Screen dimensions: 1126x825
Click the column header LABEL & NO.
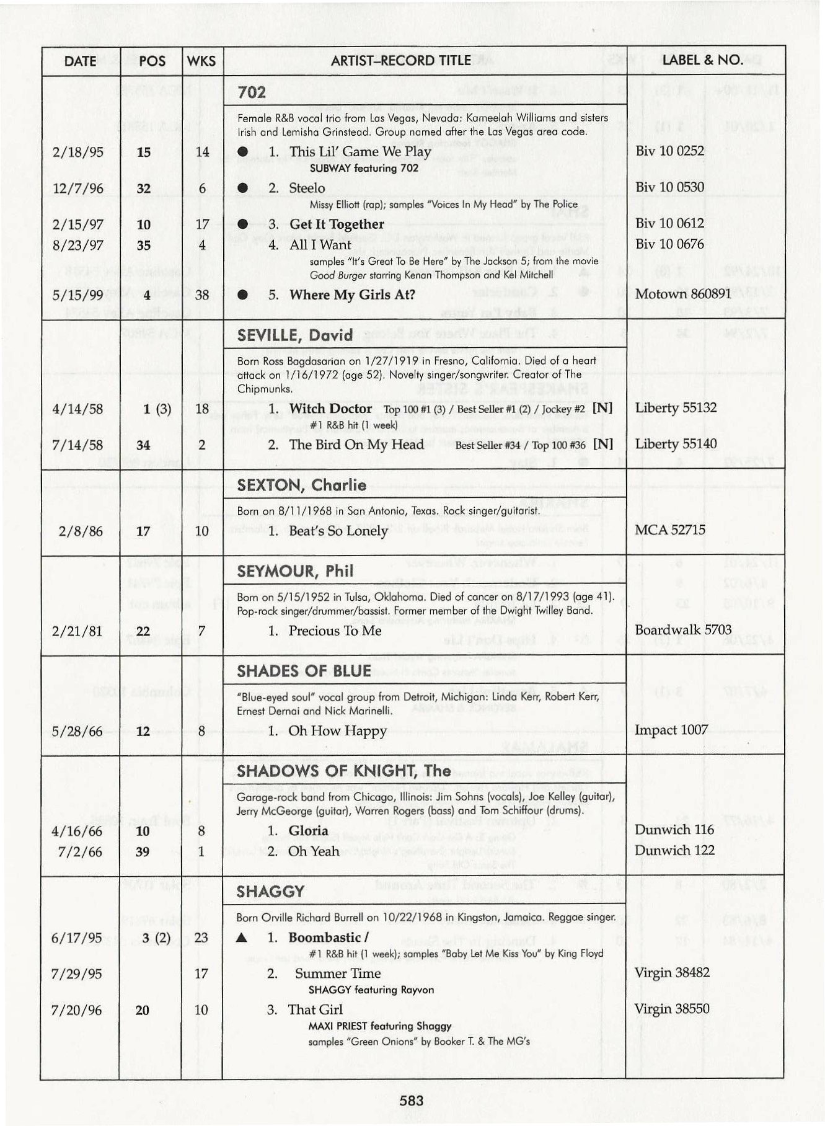(702, 60)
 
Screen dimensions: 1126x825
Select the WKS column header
(201, 61)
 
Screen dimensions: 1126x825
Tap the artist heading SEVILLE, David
(295, 335)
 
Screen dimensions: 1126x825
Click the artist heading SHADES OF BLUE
(304, 671)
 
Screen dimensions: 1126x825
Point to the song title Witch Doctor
(330, 409)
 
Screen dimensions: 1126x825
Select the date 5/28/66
(77, 731)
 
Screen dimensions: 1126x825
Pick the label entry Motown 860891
(683, 294)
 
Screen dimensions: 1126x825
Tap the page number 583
(412, 1101)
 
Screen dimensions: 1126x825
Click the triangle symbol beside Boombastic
(242, 938)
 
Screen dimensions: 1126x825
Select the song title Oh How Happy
(337, 731)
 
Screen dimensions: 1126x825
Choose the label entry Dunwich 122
(674, 851)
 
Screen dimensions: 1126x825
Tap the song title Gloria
(308, 831)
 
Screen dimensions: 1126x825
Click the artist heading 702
(252, 93)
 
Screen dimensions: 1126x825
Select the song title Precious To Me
(335, 631)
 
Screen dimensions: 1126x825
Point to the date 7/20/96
(77, 1010)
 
